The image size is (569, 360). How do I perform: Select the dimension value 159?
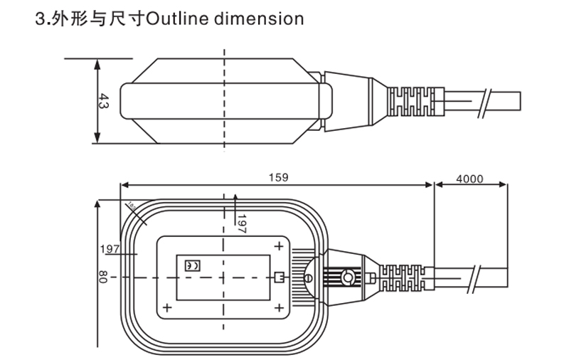coord(278,178)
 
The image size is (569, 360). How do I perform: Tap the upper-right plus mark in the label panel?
coord(280,246)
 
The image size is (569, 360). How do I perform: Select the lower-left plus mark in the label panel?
coord(168,308)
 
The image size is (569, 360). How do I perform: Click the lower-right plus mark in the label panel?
coord(280,308)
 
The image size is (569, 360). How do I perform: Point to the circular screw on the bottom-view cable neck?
coord(348,277)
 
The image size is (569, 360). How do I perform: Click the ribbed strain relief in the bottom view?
coord(403,277)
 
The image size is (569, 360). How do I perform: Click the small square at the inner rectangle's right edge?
coord(280,277)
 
